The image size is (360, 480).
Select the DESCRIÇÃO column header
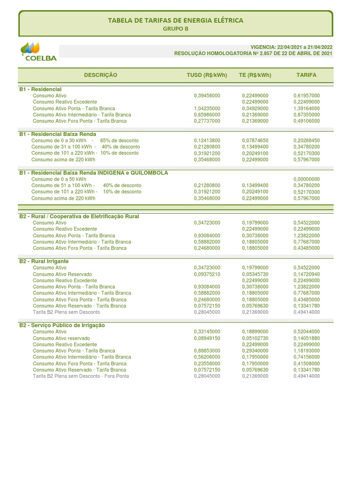(101, 75)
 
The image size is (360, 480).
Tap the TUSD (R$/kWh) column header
(207, 75)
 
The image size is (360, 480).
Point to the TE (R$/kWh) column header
(255, 75)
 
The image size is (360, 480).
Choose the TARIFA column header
(307, 75)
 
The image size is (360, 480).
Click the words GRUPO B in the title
(175, 29)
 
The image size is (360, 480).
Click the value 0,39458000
(207, 96)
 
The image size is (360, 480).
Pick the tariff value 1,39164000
(307, 108)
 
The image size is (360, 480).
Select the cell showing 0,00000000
(307, 179)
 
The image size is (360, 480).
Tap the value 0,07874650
(255, 141)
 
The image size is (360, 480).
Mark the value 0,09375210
(207, 274)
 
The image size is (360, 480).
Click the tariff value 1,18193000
(307, 351)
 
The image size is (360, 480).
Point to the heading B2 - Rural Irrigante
(44, 261)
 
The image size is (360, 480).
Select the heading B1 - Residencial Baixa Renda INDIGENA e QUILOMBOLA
(93, 173)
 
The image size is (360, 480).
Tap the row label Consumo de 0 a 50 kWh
(59, 179)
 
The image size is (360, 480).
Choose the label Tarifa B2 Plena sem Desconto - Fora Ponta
(81, 376)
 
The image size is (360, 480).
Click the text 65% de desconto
(120, 141)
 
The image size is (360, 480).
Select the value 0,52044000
(307, 331)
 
